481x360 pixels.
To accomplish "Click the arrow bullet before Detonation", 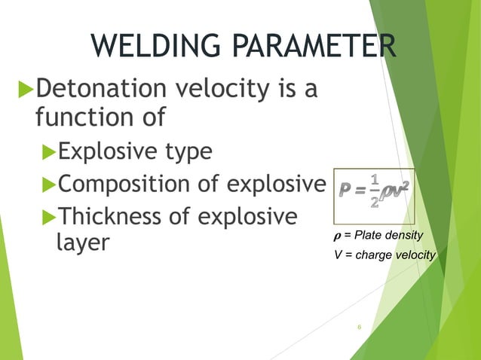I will (x=24, y=92).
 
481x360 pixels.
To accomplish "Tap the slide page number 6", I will (x=360, y=327).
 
